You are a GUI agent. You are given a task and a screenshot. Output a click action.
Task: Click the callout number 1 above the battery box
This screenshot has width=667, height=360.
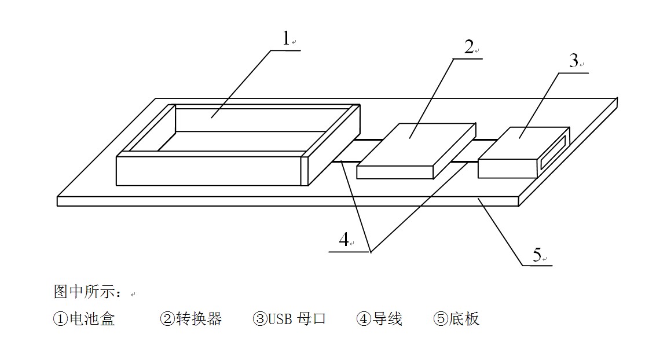tap(285, 38)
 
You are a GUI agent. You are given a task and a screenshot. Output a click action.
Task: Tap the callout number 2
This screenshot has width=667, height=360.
tap(468, 47)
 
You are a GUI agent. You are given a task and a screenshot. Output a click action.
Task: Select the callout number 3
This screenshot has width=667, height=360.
tap(573, 60)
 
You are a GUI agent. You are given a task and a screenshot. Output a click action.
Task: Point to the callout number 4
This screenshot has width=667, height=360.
tap(344, 239)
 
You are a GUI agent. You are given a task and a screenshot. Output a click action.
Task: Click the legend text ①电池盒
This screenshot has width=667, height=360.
tap(84, 319)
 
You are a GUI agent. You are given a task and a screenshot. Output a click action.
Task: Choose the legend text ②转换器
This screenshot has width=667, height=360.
tap(191, 319)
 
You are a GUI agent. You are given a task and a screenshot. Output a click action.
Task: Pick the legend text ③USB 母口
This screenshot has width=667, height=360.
tap(289, 319)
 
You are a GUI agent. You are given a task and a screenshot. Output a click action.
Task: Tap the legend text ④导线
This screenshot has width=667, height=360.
tap(379, 319)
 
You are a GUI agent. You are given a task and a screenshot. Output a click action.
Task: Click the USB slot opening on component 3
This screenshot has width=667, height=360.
tap(553, 152)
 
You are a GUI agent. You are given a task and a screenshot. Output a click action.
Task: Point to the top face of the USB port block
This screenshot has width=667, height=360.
tap(521, 142)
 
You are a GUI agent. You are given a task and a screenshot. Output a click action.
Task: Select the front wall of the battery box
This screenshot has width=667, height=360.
tap(208, 171)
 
